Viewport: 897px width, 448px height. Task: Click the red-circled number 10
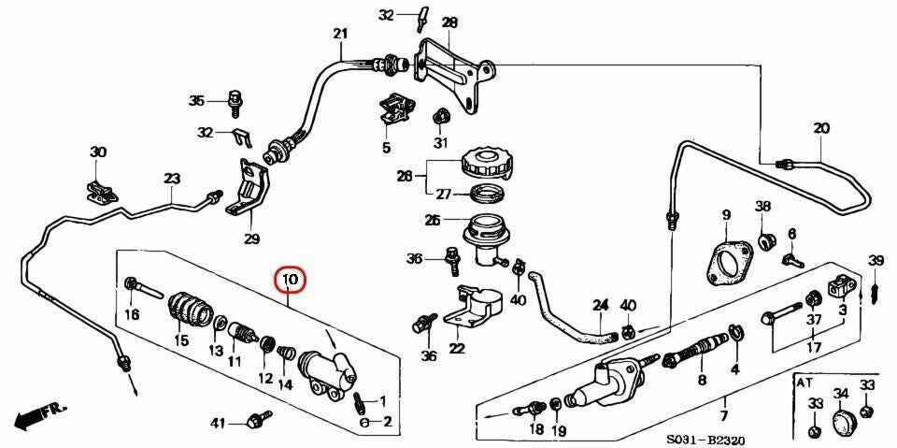tap(290, 279)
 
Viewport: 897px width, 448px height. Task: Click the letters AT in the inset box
tap(804, 383)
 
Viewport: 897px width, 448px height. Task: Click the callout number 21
tap(339, 34)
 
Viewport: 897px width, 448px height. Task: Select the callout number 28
tap(449, 22)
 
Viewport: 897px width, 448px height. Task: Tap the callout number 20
tap(821, 128)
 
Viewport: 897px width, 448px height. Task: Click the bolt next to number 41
tap(253, 423)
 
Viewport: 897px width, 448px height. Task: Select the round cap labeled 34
tap(844, 422)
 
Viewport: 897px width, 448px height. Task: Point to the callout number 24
tap(600, 305)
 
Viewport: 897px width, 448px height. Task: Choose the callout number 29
tap(251, 238)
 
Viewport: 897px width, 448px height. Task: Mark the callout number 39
tap(876, 259)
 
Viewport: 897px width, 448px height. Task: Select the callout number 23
tap(171, 179)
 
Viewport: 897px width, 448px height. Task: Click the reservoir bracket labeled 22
tap(476, 312)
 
